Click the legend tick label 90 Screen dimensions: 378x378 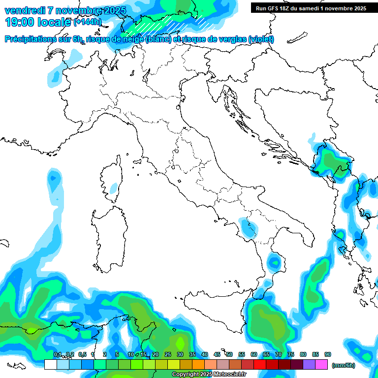[x=328, y=354]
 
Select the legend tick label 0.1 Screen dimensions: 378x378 [x=57, y=354]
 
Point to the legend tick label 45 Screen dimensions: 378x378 [x=217, y=354]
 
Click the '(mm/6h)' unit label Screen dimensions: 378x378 [x=344, y=365]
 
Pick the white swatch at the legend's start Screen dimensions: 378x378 [x=50, y=365]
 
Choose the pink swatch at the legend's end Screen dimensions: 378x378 [x=321, y=365]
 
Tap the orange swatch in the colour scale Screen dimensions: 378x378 [x=198, y=365]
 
